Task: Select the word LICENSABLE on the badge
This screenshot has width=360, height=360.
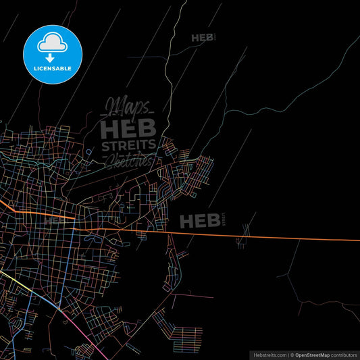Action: click(53, 69)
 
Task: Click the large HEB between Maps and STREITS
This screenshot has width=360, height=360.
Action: click(128, 126)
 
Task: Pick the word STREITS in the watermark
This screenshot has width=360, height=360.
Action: click(128, 145)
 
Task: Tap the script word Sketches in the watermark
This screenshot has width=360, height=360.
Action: click(128, 159)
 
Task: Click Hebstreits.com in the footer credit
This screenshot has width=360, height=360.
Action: click(269, 354)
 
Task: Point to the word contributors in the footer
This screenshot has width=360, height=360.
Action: click(344, 354)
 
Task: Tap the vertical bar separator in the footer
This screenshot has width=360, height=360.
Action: click(289, 354)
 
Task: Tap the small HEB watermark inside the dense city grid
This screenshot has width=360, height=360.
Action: click(54, 220)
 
